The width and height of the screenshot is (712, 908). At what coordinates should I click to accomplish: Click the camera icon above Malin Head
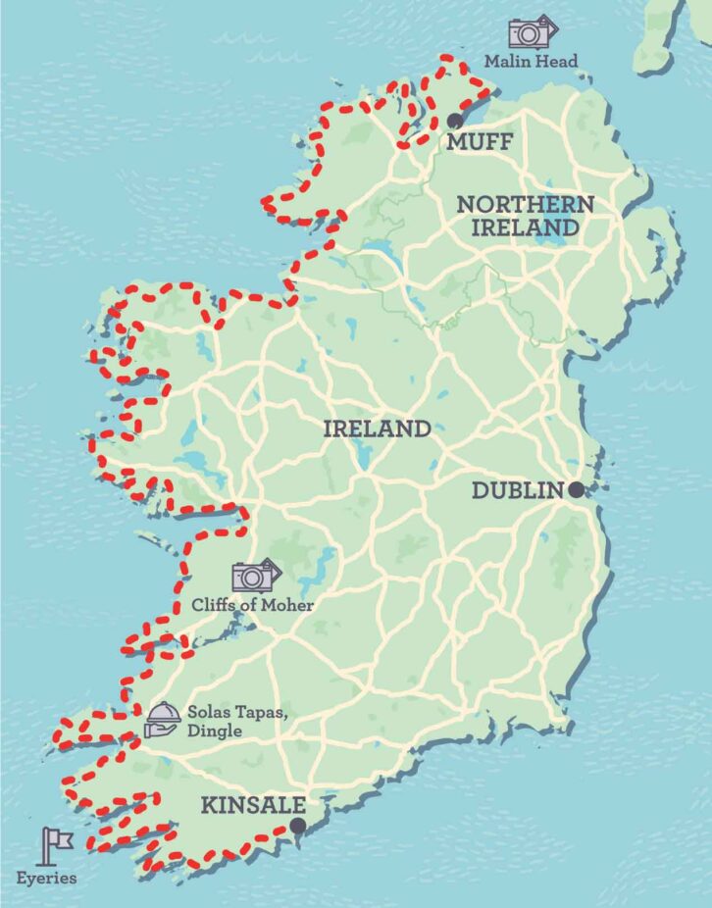click(x=531, y=32)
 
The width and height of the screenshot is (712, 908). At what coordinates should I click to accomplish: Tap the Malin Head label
click(x=531, y=62)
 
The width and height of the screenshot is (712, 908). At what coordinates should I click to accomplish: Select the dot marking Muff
click(x=454, y=120)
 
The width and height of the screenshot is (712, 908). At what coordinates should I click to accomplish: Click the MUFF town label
click(x=479, y=143)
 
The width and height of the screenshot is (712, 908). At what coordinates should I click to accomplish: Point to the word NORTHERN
click(x=525, y=204)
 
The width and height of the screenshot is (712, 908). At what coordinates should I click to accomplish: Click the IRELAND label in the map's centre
click(x=377, y=429)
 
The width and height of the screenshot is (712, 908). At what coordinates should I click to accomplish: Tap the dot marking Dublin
click(x=575, y=489)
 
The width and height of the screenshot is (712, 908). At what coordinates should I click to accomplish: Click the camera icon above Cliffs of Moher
click(x=255, y=576)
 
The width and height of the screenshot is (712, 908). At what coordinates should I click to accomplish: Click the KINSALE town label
click(x=253, y=806)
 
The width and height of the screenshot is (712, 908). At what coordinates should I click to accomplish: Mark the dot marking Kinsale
click(x=296, y=828)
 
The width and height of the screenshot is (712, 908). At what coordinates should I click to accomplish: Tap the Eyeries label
click(x=46, y=878)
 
